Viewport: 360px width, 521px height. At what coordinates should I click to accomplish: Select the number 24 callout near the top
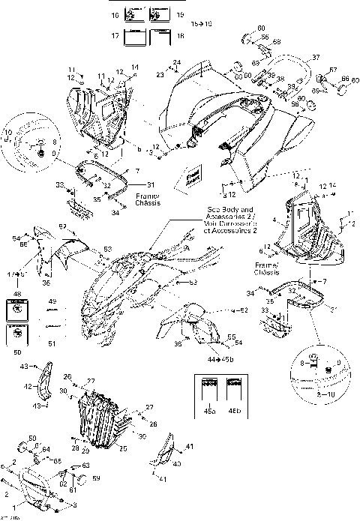[x=177, y=61]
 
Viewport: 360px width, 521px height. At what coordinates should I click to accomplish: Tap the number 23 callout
[x=160, y=75]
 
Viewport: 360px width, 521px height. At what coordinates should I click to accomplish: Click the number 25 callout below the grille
[x=123, y=448]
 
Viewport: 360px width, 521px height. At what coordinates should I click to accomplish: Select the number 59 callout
[x=96, y=478]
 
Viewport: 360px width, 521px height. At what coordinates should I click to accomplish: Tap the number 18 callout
[x=181, y=35]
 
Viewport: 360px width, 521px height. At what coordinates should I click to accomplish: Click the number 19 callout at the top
[x=180, y=15]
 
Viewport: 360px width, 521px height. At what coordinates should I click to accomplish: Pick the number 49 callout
[x=52, y=302]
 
